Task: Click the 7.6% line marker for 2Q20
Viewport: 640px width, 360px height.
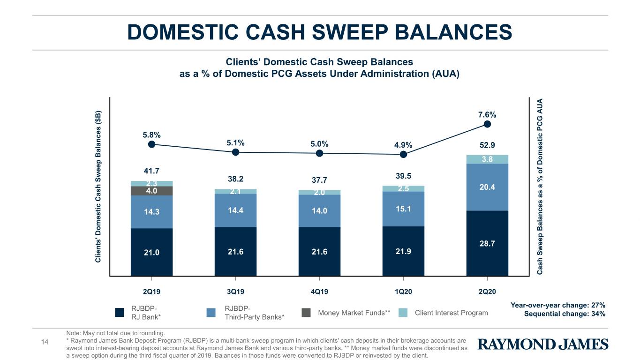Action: pos(488,124)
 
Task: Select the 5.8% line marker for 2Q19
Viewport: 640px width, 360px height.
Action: pos(152,144)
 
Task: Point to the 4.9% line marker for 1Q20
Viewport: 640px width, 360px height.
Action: pos(403,155)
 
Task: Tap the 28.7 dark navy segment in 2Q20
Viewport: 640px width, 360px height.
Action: pos(488,243)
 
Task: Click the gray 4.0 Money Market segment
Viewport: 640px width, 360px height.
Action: pos(152,191)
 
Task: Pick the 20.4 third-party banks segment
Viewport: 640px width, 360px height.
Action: pos(488,187)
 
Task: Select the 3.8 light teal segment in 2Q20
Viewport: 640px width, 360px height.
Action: pos(488,159)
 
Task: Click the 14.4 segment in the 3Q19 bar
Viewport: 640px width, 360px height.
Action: pos(236,210)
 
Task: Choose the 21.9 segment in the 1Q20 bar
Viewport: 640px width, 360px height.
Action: pos(403,251)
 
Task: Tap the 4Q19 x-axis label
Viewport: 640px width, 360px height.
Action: pos(319,292)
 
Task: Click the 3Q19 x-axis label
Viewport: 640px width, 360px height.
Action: pos(236,292)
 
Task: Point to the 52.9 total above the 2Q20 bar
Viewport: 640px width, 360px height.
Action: pos(488,145)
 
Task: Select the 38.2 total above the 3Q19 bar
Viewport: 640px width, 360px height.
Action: pos(236,179)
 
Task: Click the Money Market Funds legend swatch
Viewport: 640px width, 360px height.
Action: pos(306,313)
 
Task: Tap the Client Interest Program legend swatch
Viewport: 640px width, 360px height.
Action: pos(403,313)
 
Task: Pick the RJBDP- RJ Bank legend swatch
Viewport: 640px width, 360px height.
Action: pos(120,313)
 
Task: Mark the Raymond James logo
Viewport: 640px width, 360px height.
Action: pos(543,344)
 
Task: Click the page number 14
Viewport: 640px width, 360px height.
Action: pos(45,342)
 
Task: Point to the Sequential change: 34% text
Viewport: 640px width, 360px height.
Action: pos(565,314)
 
